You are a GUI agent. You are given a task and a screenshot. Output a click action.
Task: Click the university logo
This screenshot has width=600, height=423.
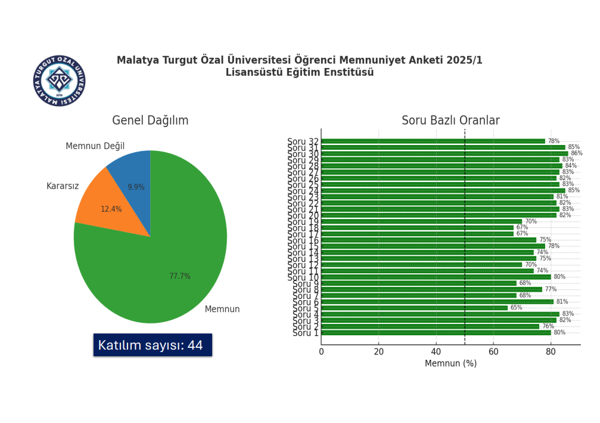point(59,81)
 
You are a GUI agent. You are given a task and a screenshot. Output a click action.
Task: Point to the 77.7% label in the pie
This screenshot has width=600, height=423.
point(180,276)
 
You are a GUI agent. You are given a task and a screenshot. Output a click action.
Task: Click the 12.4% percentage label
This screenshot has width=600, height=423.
point(111,209)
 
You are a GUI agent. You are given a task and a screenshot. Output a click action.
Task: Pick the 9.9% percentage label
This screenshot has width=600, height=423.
point(136,187)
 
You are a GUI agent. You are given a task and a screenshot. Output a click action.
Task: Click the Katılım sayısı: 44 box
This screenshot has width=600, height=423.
point(153,345)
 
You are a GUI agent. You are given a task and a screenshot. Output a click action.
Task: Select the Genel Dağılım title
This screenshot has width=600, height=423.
point(150,121)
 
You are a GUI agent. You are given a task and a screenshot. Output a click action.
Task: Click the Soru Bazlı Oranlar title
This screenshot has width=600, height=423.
point(450,121)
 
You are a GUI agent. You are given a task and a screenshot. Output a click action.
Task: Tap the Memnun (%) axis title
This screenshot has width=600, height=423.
point(450,363)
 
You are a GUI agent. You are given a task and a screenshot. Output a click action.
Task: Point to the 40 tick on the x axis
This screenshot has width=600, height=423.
point(436,352)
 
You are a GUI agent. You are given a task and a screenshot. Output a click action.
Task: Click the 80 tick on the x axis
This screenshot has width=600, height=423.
point(551,352)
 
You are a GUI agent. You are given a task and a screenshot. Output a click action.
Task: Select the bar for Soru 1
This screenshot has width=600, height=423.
point(435,332)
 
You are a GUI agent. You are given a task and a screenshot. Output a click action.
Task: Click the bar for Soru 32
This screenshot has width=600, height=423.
point(433,141)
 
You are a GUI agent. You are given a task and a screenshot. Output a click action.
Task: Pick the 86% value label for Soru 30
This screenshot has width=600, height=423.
point(577,153)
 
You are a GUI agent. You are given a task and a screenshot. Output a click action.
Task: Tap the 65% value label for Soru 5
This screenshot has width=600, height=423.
point(516,308)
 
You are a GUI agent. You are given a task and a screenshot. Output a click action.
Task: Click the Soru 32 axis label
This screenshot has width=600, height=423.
point(303,142)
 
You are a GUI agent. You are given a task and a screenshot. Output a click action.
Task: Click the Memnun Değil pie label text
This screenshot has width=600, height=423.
point(95,146)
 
